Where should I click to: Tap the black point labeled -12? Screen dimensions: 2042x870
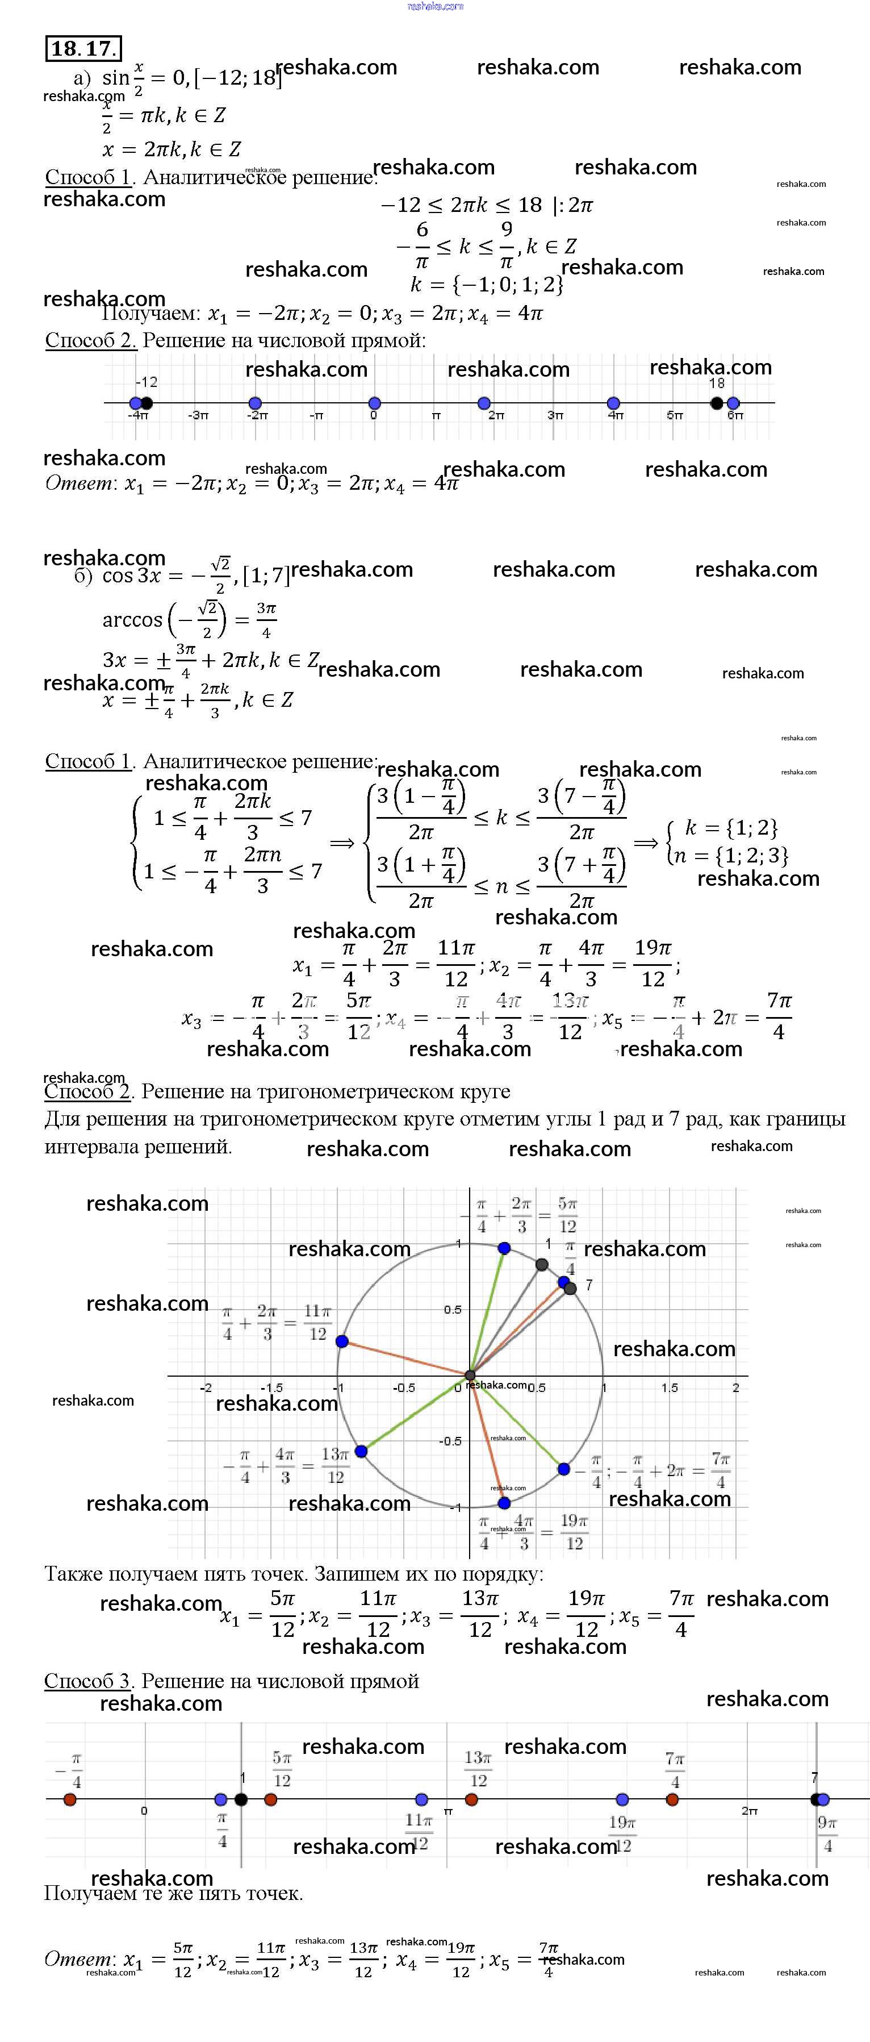click(147, 403)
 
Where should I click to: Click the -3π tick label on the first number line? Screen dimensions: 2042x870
click(198, 415)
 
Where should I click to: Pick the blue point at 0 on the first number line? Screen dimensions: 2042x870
click(375, 403)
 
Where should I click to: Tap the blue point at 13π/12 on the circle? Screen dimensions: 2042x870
click(361, 1451)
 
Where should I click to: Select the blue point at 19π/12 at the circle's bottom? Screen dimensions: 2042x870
click(504, 1503)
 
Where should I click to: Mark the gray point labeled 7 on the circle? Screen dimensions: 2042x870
click(571, 1288)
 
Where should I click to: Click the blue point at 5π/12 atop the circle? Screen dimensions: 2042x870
click(504, 1248)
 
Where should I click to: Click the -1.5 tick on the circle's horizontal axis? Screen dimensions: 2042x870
click(272, 1388)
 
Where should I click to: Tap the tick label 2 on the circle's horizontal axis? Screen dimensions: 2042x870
click(735, 1387)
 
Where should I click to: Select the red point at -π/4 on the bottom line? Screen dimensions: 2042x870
click(70, 1799)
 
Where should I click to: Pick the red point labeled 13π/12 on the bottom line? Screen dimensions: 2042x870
click(471, 1799)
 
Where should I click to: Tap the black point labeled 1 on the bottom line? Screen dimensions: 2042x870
click(241, 1799)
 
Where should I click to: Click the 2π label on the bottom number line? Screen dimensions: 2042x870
click(750, 1811)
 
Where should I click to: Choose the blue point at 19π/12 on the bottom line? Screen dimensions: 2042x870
click(622, 1799)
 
